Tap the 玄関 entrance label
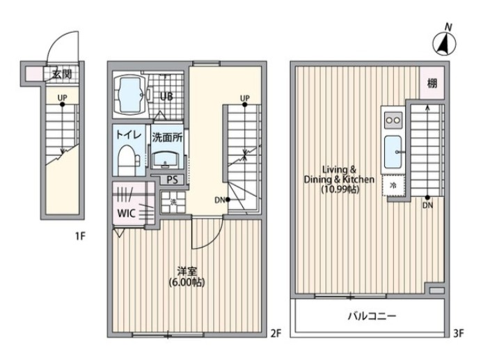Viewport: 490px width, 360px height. click(x=62, y=75)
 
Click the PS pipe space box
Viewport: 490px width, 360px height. click(x=172, y=180)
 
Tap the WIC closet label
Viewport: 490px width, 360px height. click(x=126, y=214)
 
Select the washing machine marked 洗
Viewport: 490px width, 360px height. click(x=173, y=202)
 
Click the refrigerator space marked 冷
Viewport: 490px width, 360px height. click(x=393, y=185)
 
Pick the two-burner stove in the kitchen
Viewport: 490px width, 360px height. click(x=393, y=120)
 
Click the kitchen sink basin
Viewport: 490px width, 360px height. click(x=393, y=152)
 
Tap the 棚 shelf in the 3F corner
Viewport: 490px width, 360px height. click(x=432, y=83)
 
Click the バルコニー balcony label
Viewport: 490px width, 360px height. click(x=372, y=317)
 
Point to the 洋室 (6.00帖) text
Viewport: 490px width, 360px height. click(x=187, y=276)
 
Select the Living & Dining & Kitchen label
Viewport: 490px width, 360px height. click(x=339, y=180)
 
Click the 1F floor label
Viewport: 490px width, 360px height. click(x=79, y=236)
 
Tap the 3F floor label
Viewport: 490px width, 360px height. click(x=459, y=334)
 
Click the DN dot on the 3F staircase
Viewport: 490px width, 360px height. click(x=427, y=198)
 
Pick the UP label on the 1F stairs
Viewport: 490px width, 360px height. click(x=62, y=97)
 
